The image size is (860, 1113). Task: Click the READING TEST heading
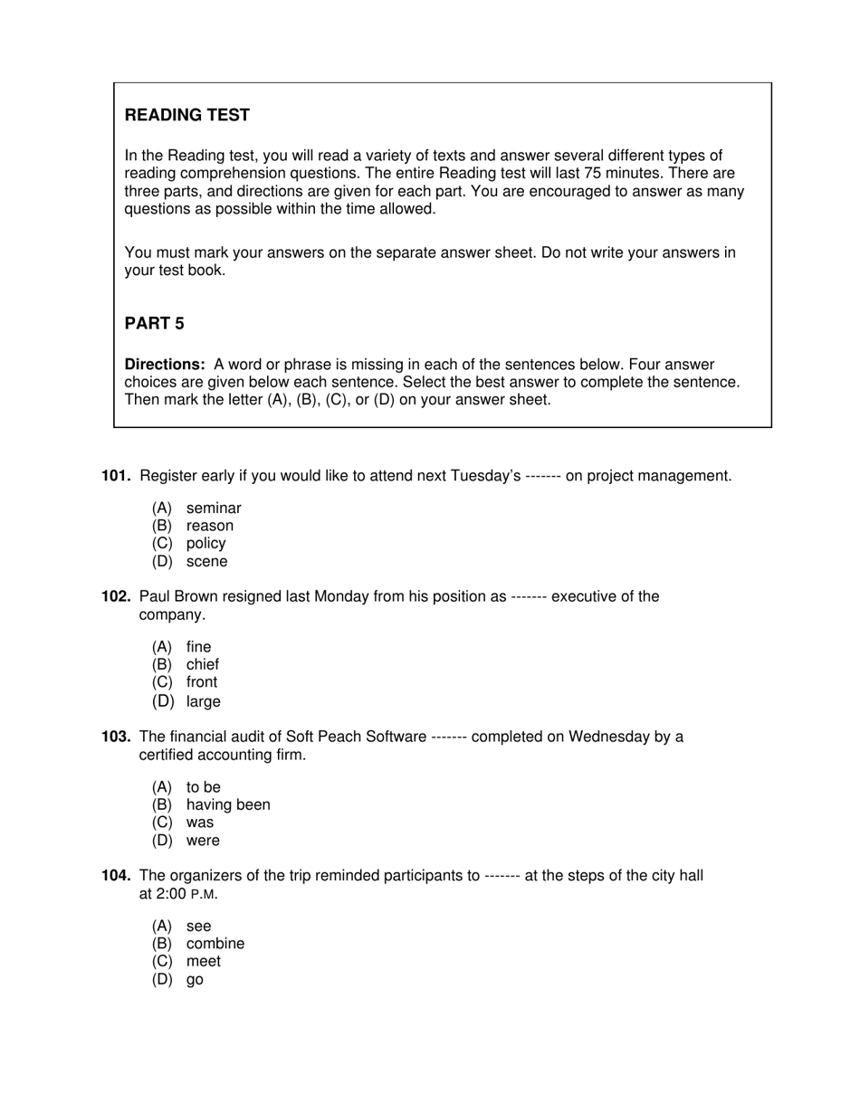pos(186,115)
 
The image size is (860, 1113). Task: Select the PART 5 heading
pos(154,323)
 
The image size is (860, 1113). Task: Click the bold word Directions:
pos(165,365)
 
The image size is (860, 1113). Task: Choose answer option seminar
pos(214,509)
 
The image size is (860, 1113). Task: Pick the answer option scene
pos(207,561)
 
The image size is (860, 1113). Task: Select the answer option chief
pos(203,664)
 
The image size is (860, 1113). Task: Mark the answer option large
pos(204,701)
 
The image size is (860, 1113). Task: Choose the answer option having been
pos(228,804)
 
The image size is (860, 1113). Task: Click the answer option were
pos(203,841)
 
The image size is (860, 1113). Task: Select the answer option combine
pos(215,944)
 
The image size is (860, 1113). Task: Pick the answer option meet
pos(204,961)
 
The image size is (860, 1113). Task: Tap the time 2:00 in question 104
pos(171,894)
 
